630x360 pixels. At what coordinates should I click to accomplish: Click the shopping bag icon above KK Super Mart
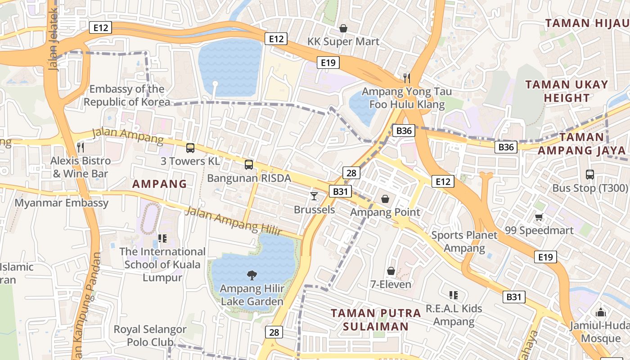[x=343, y=28]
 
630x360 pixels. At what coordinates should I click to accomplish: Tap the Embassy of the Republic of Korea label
[x=127, y=95]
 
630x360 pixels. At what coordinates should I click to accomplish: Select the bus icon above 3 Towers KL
[x=190, y=148]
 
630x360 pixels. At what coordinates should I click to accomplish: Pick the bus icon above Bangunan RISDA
[x=249, y=165]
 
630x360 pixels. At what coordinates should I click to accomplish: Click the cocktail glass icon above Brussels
[x=314, y=196]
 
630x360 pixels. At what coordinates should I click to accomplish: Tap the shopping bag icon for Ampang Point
[x=385, y=199]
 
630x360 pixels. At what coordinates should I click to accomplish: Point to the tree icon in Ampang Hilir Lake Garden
[x=252, y=274]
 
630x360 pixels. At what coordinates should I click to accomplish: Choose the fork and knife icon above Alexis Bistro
[x=81, y=147]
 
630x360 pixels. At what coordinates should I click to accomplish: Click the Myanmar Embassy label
[x=62, y=203]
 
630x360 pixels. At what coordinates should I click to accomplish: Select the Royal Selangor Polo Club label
[x=150, y=336]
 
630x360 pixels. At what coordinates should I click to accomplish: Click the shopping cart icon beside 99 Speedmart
[x=539, y=217]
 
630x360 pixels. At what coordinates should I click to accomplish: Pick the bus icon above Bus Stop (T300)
[x=590, y=175]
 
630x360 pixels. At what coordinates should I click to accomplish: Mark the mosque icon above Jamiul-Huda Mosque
[x=601, y=312]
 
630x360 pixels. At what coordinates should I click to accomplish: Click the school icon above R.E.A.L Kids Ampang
[x=454, y=295]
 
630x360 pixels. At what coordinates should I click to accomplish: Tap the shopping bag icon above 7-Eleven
[x=391, y=271]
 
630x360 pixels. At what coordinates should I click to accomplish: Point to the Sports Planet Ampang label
[x=464, y=242]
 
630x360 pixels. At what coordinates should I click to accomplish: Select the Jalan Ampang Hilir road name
[x=234, y=220]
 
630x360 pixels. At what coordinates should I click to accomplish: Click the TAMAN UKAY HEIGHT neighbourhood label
[x=567, y=91]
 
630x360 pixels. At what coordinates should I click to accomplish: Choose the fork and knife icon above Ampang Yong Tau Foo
[x=407, y=78]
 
